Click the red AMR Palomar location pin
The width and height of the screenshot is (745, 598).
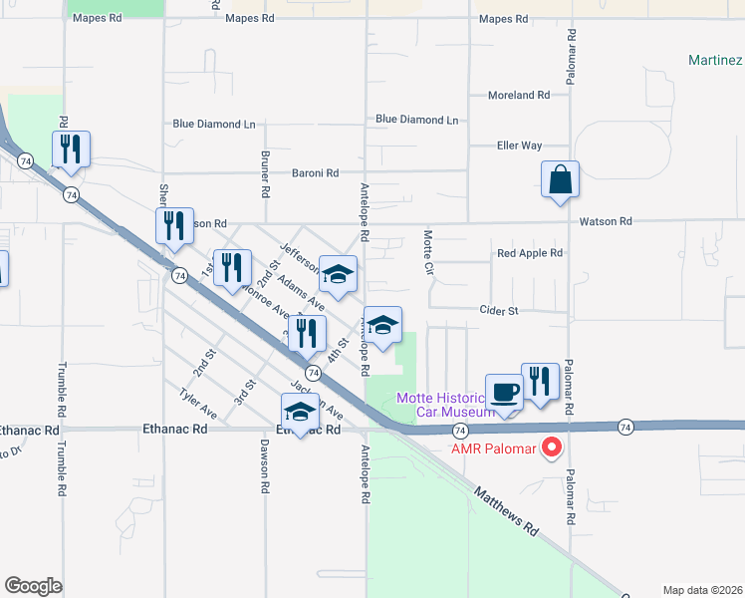[x=551, y=447]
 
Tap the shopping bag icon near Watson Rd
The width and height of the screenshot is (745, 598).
[x=561, y=180]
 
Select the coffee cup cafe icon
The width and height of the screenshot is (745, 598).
[x=504, y=392]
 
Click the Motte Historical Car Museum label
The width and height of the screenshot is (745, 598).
[x=445, y=405]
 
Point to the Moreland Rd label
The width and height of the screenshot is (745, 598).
[x=519, y=96]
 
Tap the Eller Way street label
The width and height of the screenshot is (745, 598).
[x=519, y=146]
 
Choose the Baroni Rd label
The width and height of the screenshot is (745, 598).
[x=315, y=172]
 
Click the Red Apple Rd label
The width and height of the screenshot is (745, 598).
[x=530, y=253]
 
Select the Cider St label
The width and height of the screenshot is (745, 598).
[x=499, y=311]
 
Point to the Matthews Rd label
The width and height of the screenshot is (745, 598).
[x=507, y=512]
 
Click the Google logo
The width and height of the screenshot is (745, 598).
[x=33, y=586]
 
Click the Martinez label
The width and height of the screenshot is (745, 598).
[x=715, y=60]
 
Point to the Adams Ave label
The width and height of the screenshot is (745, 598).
[x=301, y=292]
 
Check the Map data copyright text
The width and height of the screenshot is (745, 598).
[x=701, y=589]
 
